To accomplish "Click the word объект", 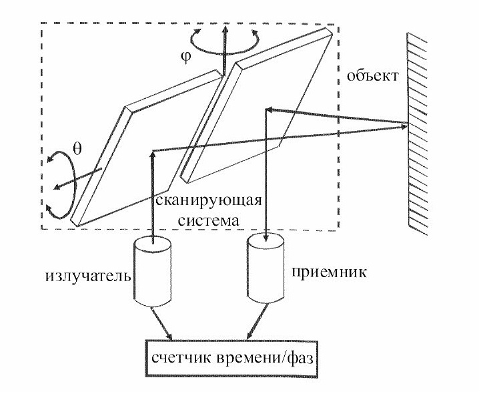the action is point(372,75).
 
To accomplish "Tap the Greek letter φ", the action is point(185,57).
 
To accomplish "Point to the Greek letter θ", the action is point(77,149).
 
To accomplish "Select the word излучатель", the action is point(88,276).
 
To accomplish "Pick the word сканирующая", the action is point(208,200).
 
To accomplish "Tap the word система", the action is point(209,220).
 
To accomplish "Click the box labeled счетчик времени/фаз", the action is point(232,359).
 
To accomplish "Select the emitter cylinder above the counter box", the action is point(153,272).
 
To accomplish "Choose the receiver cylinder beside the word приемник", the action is point(266,268).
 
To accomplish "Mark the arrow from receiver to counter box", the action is point(257,322).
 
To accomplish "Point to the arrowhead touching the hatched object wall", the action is point(404,127).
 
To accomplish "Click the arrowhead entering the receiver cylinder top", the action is point(266,238).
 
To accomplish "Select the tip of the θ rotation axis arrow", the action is point(55,188).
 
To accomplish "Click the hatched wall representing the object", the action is point(417,134).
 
